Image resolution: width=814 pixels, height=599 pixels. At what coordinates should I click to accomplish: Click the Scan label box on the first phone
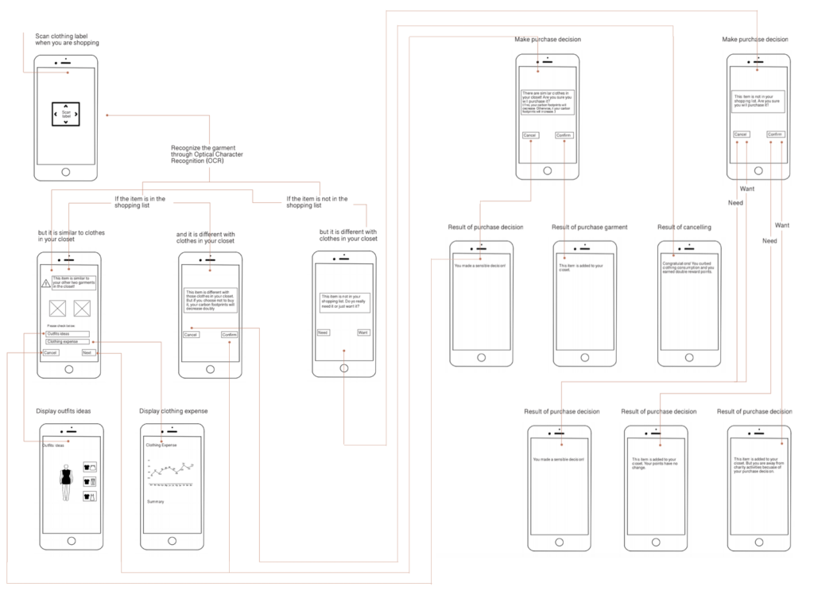(x=66, y=115)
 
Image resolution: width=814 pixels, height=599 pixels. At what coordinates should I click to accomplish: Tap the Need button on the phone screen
(x=323, y=333)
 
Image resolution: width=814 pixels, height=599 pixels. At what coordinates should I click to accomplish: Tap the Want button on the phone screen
(x=363, y=333)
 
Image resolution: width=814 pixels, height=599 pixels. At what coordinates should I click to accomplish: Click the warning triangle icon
(x=46, y=282)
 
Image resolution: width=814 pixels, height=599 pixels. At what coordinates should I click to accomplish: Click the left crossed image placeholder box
(x=57, y=309)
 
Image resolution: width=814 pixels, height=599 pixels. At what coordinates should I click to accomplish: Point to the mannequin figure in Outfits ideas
(x=67, y=480)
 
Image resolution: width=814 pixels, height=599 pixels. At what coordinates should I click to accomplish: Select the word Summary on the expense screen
(x=157, y=501)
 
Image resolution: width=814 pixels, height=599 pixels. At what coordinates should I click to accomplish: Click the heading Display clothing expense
(x=173, y=411)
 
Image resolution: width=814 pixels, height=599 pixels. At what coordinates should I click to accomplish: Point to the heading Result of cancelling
(x=684, y=228)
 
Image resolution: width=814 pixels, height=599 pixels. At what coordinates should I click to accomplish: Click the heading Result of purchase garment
(x=590, y=228)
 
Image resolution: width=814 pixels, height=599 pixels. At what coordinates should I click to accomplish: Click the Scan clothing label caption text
(x=67, y=39)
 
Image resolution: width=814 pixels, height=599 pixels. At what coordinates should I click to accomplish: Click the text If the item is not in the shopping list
(x=316, y=201)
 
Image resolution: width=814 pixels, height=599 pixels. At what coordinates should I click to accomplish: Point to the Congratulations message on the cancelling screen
(x=688, y=266)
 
